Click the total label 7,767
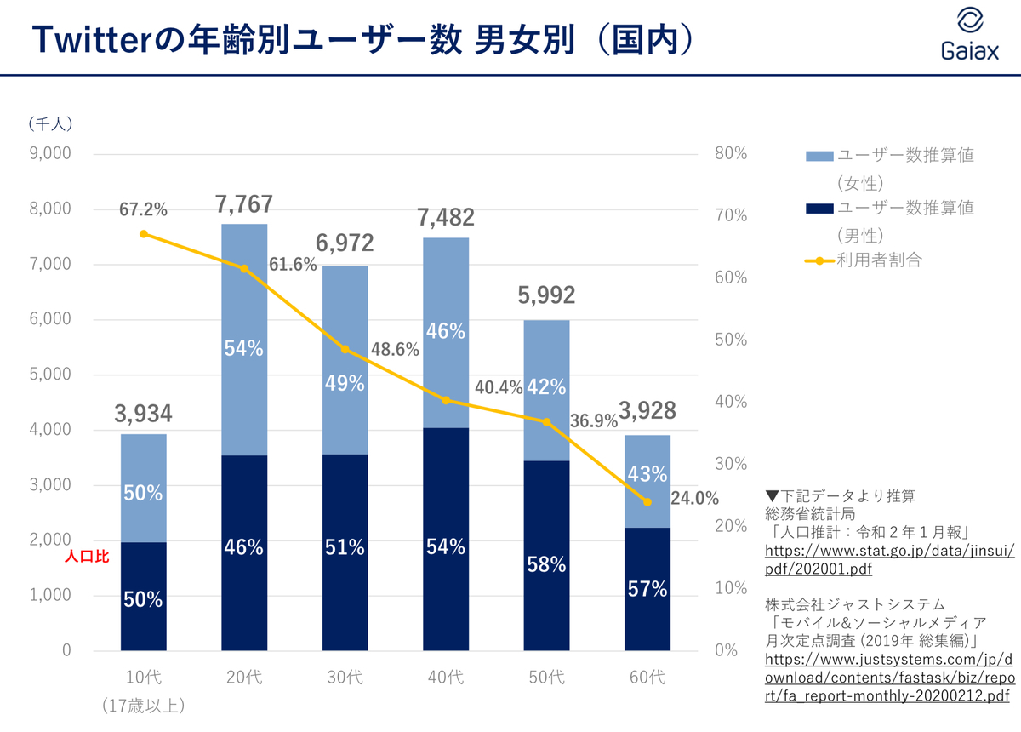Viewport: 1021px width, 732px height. [x=244, y=204]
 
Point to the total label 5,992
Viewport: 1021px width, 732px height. [x=546, y=295]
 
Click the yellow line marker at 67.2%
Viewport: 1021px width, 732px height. [x=144, y=234]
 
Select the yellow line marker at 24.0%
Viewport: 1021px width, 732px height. [x=647, y=502]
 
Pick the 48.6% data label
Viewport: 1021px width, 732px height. [x=395, y=349]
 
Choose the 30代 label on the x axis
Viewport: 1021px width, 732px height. [x=345, y=678]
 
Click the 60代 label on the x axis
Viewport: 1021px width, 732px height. [x=647, y=678]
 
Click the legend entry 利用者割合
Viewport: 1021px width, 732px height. [x=879, y=260]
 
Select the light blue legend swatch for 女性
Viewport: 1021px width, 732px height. [x=818, y=156]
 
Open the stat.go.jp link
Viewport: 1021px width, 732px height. [x=890, y=560]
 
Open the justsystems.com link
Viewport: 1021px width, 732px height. [x=888, y=678]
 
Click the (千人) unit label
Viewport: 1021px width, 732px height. [x=50, y=123]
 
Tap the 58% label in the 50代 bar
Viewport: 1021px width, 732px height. [x=546, y=564]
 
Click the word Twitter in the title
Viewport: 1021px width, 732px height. [x=93, y=40]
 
